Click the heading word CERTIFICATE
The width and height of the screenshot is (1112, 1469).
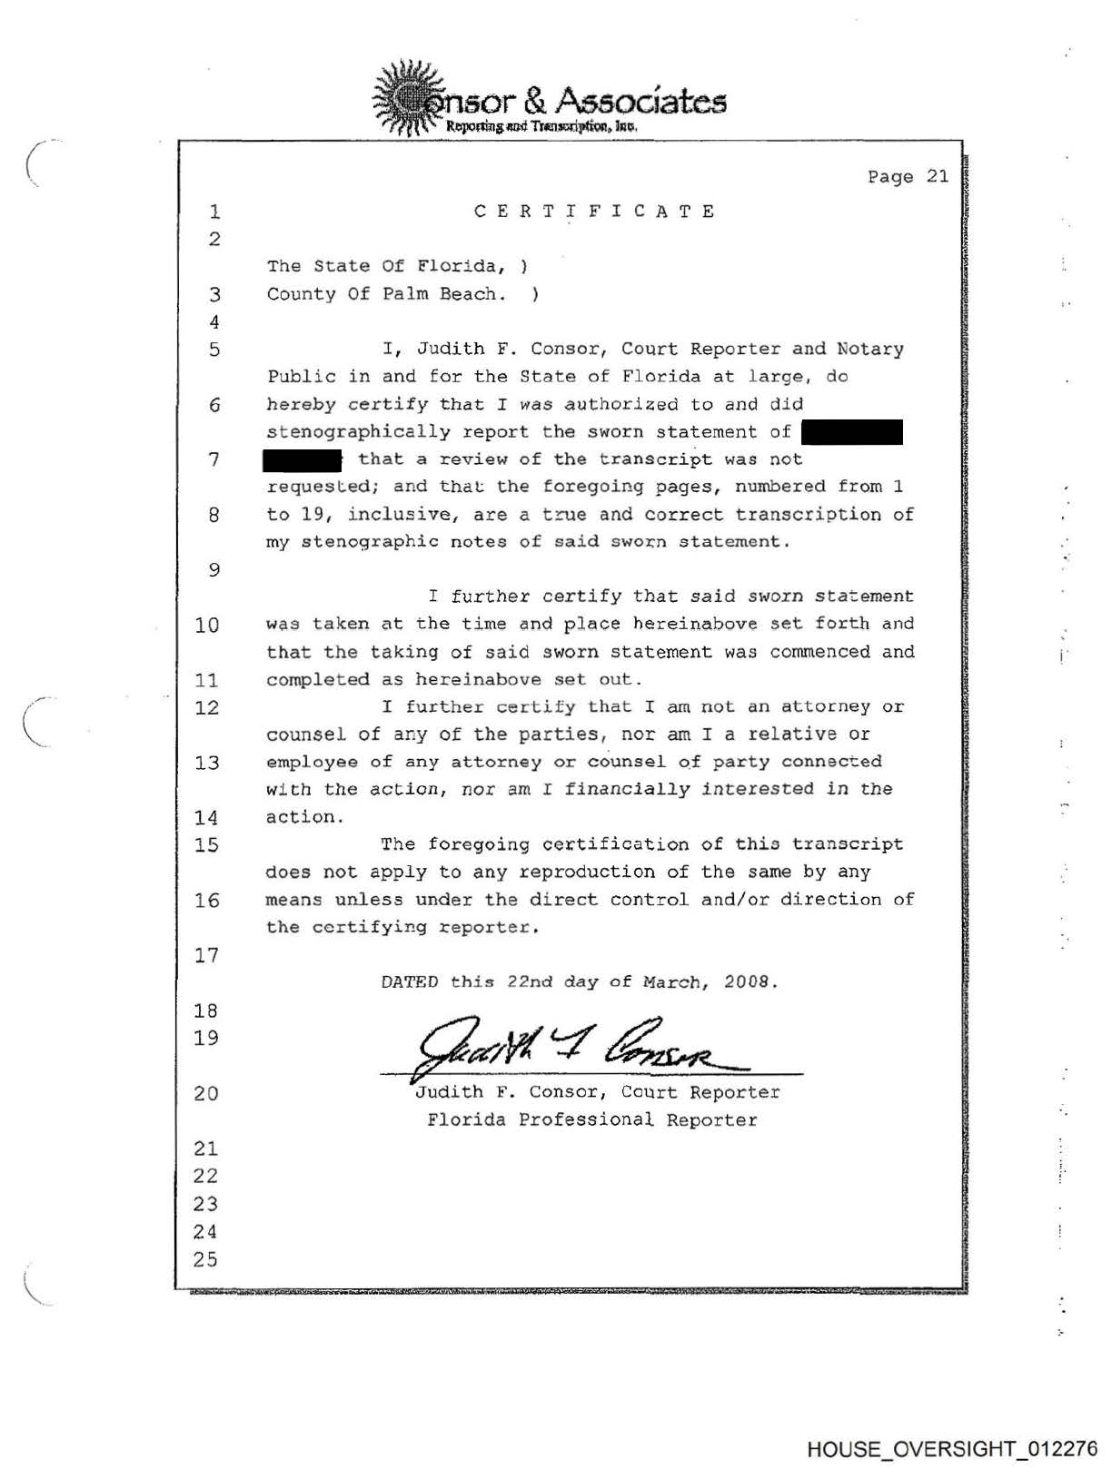[x=595, y=212]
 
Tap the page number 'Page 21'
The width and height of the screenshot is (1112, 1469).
[x=908, y=176]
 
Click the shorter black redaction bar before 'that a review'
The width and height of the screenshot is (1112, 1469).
[x=302, y=460]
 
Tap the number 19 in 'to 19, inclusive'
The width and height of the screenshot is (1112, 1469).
[x=313, y=515]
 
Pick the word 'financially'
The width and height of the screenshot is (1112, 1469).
[x=627, y=789]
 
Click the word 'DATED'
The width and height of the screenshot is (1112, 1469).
[x=410, y=982]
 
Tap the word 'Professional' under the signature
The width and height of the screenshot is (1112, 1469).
[x=586, y=1120]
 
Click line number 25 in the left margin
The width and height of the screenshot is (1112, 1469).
[x=205, y=1259]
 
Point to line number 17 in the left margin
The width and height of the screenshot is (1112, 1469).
[x=206, y=955]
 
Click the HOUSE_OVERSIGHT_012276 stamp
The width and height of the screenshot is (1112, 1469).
[x=951, y=1449]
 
